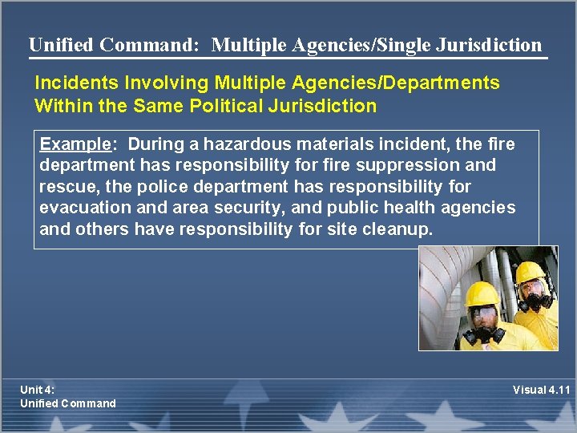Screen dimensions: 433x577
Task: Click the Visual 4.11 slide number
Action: point(543,391)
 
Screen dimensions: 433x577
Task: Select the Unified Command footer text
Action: point(68,403)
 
